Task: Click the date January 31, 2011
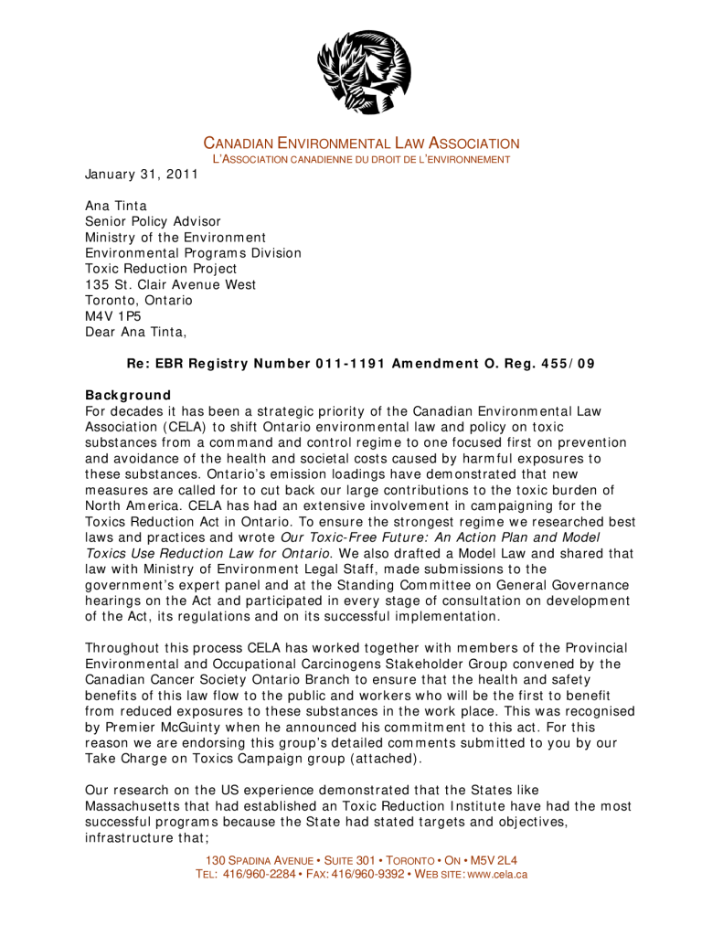coord(142,174)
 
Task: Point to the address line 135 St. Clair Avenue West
coord(171,284)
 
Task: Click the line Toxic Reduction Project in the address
coord(161,269)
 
